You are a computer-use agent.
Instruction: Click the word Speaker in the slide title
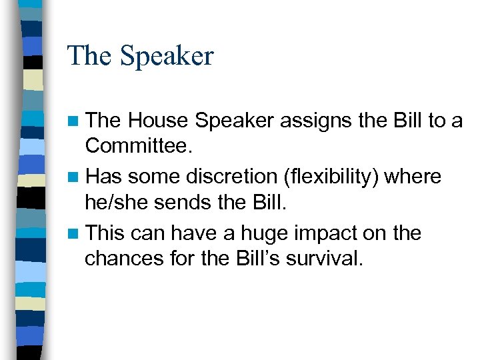pos(167,56)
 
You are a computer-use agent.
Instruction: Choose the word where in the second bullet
pos(413,177)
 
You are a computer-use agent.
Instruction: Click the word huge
pos(267,233)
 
